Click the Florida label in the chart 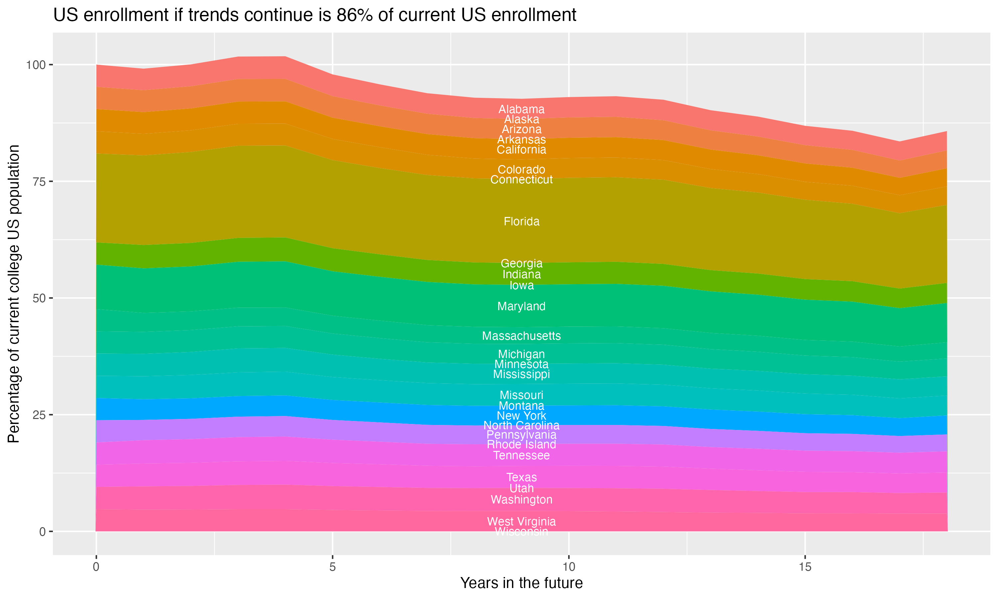[521, 222]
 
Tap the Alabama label [521, 109]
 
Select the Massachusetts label [521, 336]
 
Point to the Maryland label [521, 306]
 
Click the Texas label [521, 478]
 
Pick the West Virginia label [521, 521]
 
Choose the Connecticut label [521, 180]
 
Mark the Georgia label [521, 264]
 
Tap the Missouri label [521, 395]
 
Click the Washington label [521, 500]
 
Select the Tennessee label [521, 456]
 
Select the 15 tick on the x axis [805, 567]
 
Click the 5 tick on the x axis [332, 567]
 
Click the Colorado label [521, 169]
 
